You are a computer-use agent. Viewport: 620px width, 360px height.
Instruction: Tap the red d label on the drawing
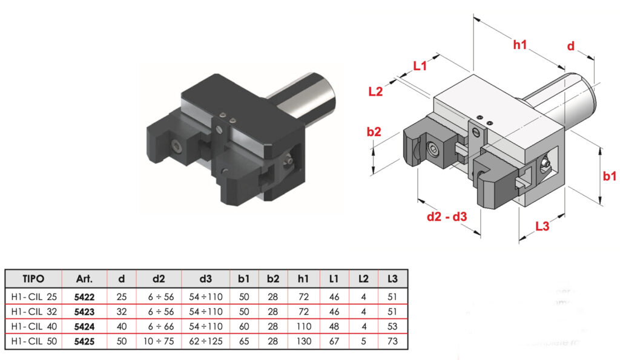click(x=570, y=46)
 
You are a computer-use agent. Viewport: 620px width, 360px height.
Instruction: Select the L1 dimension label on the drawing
click(x=420, y=65)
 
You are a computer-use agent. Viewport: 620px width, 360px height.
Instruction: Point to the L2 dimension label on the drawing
click(x=376, y=91)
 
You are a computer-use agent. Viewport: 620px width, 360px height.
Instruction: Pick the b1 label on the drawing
click(x=610, y=177)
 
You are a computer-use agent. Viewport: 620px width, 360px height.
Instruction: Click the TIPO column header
click(x=33, y=279)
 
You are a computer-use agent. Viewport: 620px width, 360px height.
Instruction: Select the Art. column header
click(x=84, y=279)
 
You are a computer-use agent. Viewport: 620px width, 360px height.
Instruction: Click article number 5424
click(x=84, y=326)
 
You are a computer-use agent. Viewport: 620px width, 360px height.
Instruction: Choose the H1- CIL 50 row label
click(x=33, y=341)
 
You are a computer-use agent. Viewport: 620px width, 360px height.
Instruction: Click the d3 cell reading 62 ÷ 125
click(x=206, y=341)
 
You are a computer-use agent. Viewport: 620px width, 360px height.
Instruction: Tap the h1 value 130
click(x=303, y=341)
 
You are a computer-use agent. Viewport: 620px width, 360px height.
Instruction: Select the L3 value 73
click(x=393, y=341)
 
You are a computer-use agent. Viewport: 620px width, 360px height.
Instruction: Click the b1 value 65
click(x=244, y=341)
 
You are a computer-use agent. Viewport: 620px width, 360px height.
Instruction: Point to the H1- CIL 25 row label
click(x=33, y=296)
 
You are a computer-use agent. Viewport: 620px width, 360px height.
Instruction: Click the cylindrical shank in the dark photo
click(x=309, y=96)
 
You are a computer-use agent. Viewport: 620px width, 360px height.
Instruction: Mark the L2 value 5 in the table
click(x=363, y=341)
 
